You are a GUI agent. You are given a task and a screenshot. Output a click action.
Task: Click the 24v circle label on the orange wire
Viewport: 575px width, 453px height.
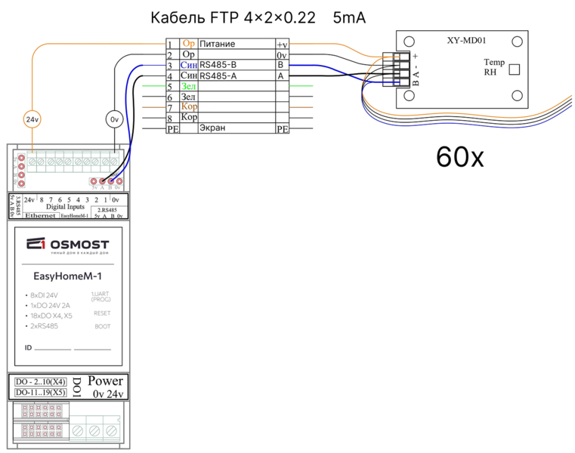32,119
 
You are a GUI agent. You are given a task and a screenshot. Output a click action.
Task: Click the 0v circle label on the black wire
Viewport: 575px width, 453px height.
114,119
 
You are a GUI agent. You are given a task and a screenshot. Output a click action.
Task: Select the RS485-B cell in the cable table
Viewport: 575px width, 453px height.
236,66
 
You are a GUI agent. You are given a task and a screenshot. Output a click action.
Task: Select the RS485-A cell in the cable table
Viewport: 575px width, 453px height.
236,76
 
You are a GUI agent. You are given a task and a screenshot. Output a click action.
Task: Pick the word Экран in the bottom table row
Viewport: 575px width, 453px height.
212,129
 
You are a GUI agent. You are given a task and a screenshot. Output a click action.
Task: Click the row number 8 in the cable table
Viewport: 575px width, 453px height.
171,119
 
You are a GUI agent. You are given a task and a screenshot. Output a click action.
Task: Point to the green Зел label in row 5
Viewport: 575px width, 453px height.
188,87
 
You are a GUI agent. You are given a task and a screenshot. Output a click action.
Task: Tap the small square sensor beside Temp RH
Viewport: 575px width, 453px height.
515,69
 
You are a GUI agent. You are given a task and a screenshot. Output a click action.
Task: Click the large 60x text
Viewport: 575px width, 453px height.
460,156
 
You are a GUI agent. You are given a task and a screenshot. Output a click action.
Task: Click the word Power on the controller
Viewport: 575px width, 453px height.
105,381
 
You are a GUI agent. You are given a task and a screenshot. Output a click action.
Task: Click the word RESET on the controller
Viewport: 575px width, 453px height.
102,313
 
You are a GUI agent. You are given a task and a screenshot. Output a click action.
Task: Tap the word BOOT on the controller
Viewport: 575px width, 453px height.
102,326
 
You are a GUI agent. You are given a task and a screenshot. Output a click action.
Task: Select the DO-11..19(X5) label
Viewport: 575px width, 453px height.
41,393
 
